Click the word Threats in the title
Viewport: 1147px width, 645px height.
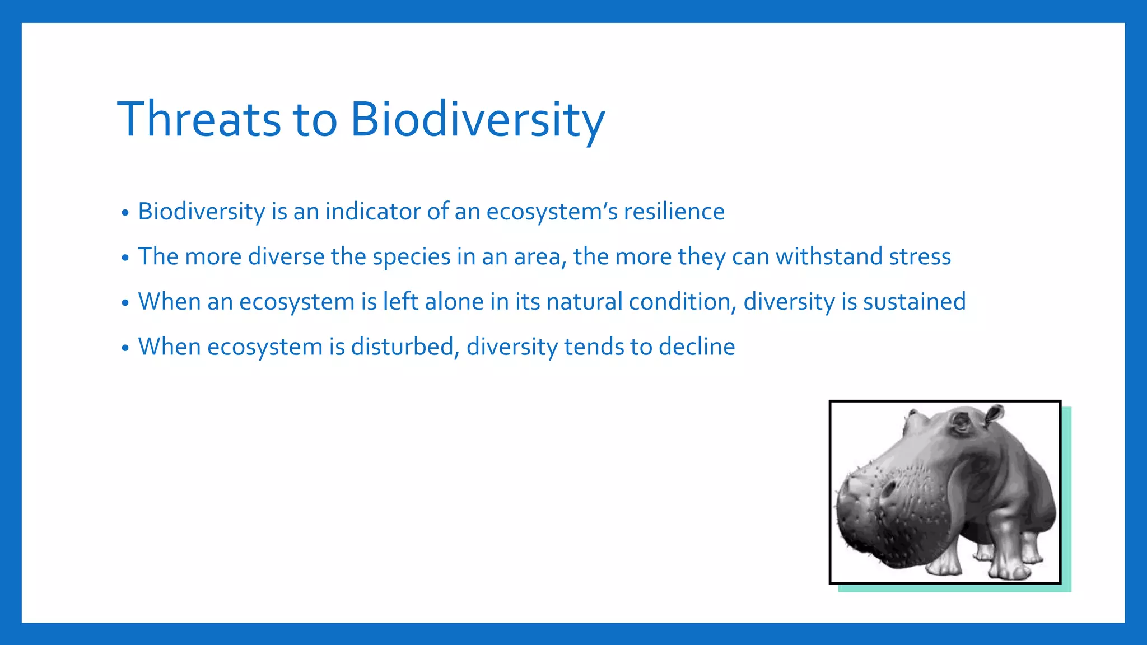pyautogui.click(x=199, y=119)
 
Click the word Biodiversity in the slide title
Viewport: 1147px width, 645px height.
pyautogui.click(x=477, y=119)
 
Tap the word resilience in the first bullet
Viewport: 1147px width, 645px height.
pyautogui.click(x=674, y=212)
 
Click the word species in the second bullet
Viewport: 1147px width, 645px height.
pyautogui.click(x=411, y=256)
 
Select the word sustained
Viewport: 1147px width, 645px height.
pyautogui.click(x=914, y=302)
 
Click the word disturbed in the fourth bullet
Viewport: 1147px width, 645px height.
pyautogui.click(x=405, y=347)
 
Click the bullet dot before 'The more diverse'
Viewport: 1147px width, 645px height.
pyautogui.click(x=125, y=258)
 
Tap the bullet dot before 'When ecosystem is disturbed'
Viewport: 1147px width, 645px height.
pyautogui.click(x=125, y=348)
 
